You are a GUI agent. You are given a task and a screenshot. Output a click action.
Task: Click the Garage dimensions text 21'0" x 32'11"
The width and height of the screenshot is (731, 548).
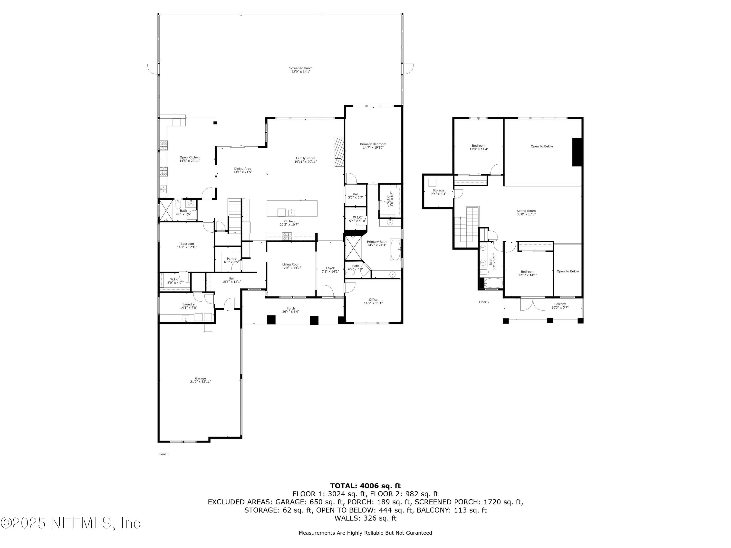point(200,381)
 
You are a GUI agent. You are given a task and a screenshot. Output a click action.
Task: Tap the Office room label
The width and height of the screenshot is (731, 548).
point(373,300)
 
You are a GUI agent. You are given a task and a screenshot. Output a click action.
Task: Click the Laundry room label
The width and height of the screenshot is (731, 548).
point(189,304)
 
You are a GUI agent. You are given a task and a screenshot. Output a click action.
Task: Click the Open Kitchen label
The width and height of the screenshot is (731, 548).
point(190,158)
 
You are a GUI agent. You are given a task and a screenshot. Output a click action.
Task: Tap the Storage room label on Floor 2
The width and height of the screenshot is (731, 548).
point(438,190)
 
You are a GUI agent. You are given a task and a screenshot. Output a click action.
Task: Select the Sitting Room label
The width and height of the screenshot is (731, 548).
point(526,211)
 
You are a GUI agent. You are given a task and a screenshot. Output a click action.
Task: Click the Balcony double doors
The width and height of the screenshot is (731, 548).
point(533,304)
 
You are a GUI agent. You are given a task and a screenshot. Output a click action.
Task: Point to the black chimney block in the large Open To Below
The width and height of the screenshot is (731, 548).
point(577,152)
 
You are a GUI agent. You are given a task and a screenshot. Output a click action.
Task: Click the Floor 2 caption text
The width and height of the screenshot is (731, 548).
point(484,302)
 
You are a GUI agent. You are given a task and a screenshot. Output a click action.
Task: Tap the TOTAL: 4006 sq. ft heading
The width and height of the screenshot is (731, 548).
point(365,486)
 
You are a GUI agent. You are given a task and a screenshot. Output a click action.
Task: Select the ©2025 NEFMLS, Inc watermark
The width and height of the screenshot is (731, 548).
point(70,523)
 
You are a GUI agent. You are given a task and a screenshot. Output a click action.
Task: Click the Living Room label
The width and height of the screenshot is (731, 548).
point(291,264)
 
